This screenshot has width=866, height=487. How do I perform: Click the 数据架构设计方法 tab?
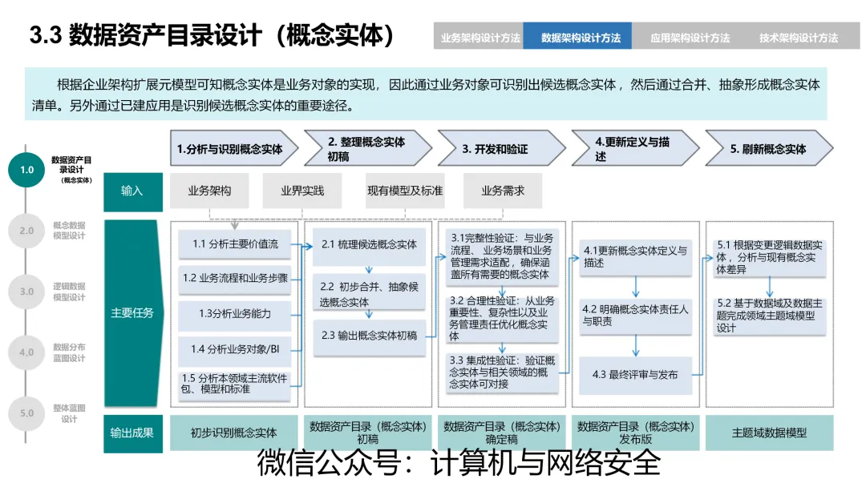pyautogui.click(x=581, y=38)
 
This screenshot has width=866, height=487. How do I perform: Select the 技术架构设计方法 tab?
pyautogui.click(x=799, y=38)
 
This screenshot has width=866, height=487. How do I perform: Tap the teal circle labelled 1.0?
pyautogui.click(x=27, y=170)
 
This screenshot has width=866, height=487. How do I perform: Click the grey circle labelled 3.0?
pyautogui.click(x=27, y=292)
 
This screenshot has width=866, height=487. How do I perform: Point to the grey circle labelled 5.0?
pyautogui.click(x=27, y=413)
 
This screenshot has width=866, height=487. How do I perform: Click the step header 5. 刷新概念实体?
pyautogui.click(x=768, y=149)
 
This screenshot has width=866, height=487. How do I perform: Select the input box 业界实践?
pyautogui.click(x=301, y=191)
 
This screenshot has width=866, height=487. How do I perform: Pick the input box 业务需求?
pyautogui.click(x=503, y=191)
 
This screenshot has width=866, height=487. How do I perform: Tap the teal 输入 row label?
pyautogui.click(x=132, y=191)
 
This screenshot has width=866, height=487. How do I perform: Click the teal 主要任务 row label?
pyautogui.click(x=132, y=313)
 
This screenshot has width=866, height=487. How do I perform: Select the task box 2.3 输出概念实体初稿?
pyautogui.click(x=370, y=336)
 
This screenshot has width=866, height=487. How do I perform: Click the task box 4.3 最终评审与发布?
pyautogui.click(x=635, y=375)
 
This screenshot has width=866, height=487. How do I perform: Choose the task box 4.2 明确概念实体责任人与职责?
pyautogui.click(x=635, y=315)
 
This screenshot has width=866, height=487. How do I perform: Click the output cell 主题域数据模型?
pyautogui.click(x=769, y=433)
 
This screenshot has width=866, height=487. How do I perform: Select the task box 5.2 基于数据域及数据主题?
pyautogui.click(x=769, y=316)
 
